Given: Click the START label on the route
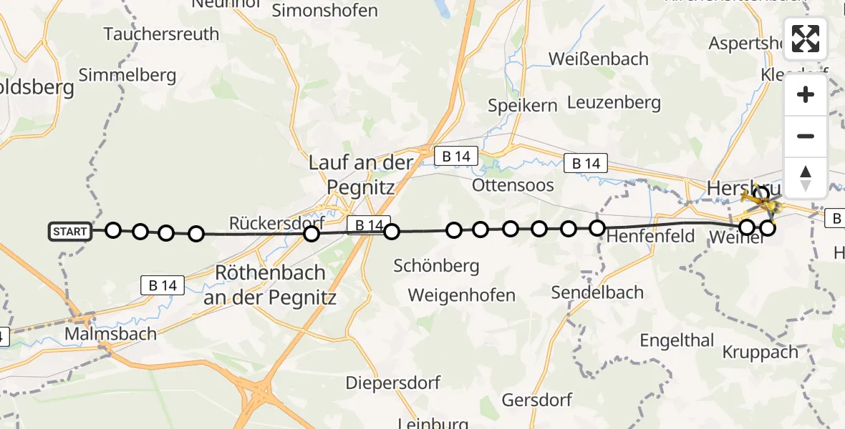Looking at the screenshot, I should coord(70,231).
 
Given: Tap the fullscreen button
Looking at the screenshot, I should coord(806,39).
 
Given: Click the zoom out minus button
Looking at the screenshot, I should coord(806,136).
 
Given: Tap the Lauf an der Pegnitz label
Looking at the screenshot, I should coord(361,174).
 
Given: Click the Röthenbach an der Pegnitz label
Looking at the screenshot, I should coord(269,285).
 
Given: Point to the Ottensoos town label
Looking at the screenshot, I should coord(513,185).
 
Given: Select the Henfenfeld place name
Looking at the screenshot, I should coord(650,235).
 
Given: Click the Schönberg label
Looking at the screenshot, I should coord(436,266).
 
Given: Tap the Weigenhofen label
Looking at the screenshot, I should coord(461,295).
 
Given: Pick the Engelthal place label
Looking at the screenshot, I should coord(677,340).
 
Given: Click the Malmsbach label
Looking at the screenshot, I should coord(110,334).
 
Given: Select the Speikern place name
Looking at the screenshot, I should coord(522,105).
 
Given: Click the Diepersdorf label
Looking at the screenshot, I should coord(392,383).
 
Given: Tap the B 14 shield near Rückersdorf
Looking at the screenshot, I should coord(369,225).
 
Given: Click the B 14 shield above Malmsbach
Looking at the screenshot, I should coord(163,285).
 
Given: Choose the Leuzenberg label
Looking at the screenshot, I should coord(614,102).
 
